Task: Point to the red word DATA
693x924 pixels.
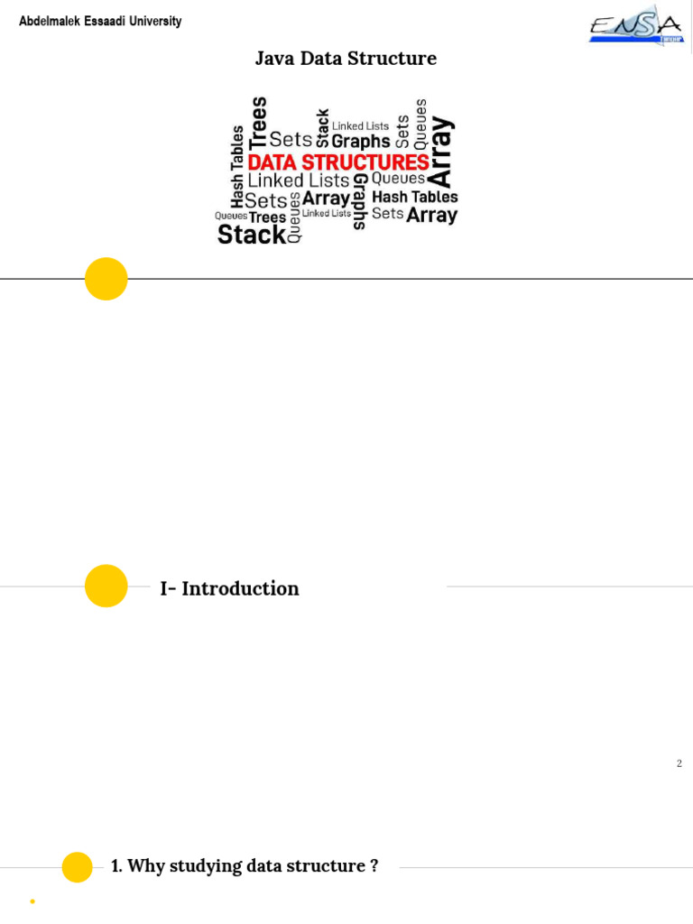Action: [x=273, y=162]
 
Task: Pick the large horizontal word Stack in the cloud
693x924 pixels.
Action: [x=252, y=235]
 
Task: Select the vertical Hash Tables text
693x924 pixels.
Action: [x=237, y=166]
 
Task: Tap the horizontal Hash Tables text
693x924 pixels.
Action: [x=414, y=196]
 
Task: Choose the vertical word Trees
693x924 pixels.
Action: [x=259, y=122]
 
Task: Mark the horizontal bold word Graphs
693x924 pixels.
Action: [x=361, y=141]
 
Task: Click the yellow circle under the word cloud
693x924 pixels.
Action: [x=106, y=279]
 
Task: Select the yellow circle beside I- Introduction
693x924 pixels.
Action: [x=106, y=586]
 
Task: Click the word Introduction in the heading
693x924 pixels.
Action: [x=240, y=588]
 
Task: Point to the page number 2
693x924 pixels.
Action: [x=679, y=763]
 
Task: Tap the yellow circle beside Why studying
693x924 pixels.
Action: [x=77, y=867]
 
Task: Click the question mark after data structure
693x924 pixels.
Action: [x=374, y=866]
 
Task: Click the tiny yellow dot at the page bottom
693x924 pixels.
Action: [x=32, y=901]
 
